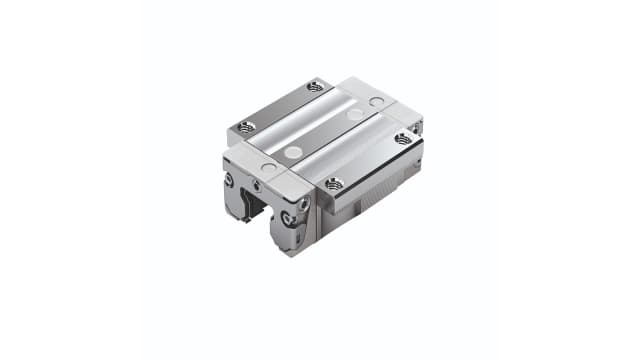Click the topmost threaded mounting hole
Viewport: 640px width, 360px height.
(315, 87)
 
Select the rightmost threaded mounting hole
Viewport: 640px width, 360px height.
(403, 138)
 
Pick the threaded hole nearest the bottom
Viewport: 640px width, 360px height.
(333, 183)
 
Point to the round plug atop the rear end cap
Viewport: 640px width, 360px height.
(376, 102)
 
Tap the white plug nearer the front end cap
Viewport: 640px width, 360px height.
(292, 152)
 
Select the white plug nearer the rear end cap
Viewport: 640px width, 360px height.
(354, 116)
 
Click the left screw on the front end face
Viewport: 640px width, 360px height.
(229, 181)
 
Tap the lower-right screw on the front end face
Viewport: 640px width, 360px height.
(290, 219)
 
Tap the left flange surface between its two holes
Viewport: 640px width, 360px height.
(281, 106)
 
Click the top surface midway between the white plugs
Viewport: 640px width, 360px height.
(323, 134)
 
